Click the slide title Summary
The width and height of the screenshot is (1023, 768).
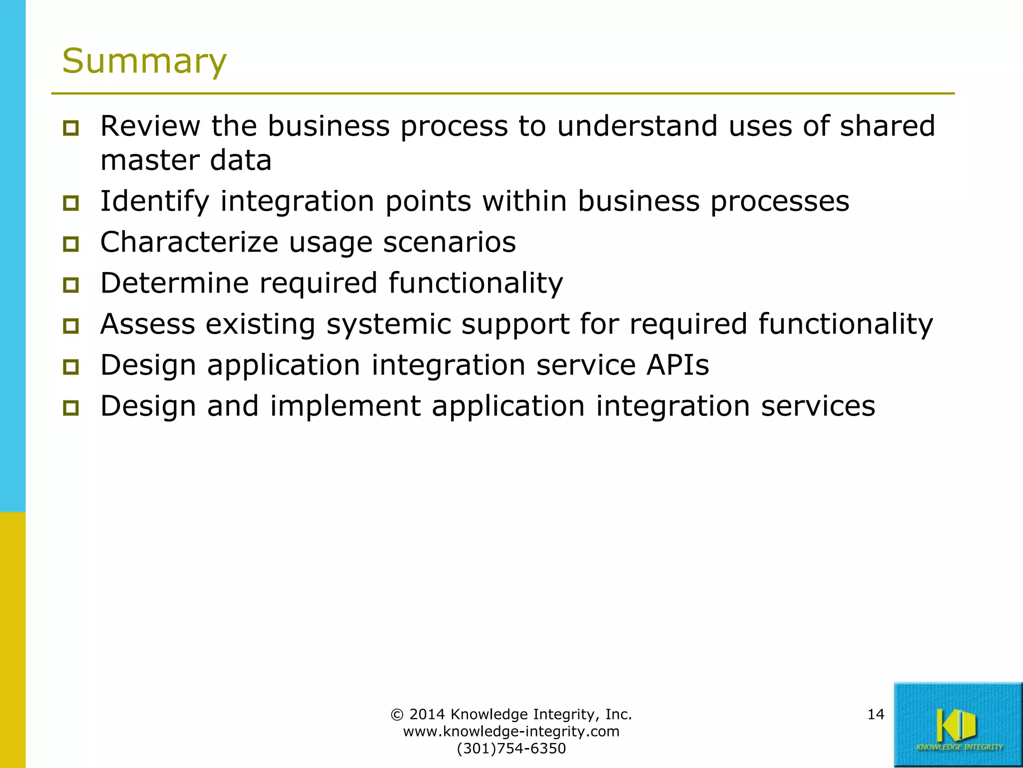coord(144,61)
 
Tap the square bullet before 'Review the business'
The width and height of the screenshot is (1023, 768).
coord(71,128)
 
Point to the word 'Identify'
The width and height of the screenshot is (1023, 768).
coord(154,201)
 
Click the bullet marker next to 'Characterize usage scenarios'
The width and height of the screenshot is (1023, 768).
coord(71,244)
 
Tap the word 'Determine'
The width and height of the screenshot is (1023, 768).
coord(174,283)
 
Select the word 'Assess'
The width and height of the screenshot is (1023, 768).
coord(147,324)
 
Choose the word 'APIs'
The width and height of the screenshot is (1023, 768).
coord(678,365)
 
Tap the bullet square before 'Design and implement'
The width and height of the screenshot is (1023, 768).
coord(71,408)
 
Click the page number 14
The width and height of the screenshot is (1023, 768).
coord(876,714)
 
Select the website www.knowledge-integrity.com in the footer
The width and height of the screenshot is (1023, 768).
coord(511,731)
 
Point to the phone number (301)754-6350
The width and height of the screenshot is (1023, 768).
coord(511,748)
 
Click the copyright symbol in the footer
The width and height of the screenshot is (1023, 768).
coord(397,714)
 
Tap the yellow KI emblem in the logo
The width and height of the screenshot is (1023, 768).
coord(955,724)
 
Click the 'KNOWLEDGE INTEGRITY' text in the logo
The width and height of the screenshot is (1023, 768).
coord(959,747)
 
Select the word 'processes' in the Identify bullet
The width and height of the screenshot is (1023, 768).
coord(779,201)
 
